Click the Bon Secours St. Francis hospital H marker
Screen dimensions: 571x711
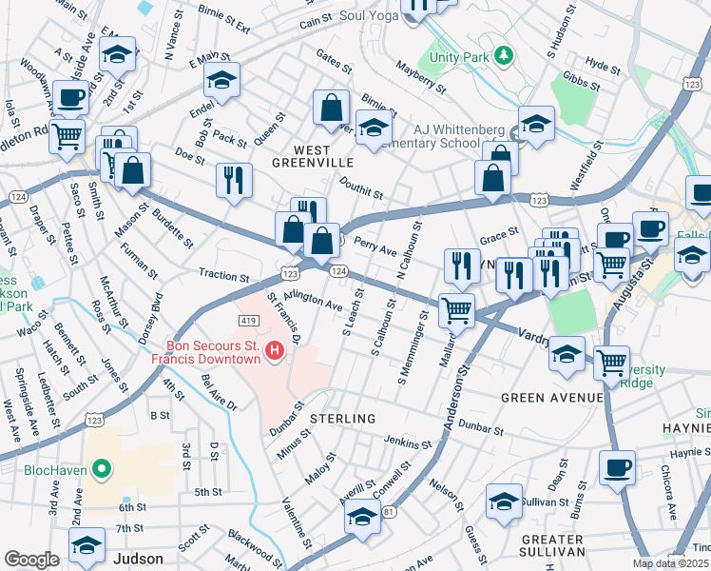point(275,352)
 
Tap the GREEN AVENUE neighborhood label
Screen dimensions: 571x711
point(551,397)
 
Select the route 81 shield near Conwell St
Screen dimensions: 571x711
point(389,511)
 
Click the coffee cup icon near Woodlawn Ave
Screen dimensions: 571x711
point(71,98)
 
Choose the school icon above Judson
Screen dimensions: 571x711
point(86,545)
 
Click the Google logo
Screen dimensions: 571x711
point(31,560)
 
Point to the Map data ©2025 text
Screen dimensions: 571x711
point(671,563)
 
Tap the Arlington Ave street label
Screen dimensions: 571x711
point(313,301)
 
